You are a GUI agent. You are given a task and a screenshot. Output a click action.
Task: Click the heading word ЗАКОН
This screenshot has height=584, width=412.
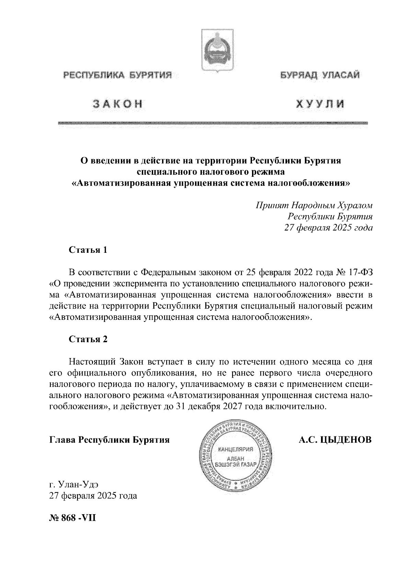[117, 104]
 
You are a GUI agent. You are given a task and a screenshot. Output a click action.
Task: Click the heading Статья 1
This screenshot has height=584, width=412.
[88, 250]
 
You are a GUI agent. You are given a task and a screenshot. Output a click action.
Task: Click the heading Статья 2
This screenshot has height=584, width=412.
[88, 339]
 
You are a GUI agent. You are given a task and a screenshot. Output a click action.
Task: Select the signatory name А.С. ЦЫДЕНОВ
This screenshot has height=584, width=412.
[335, 440]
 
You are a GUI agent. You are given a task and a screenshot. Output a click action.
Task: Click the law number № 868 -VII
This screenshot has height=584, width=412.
[73, 517]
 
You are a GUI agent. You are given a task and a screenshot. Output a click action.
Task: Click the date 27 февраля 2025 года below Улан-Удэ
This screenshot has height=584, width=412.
[93, 496]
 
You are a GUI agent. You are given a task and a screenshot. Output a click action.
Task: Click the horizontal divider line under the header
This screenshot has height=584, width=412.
[213, 123]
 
